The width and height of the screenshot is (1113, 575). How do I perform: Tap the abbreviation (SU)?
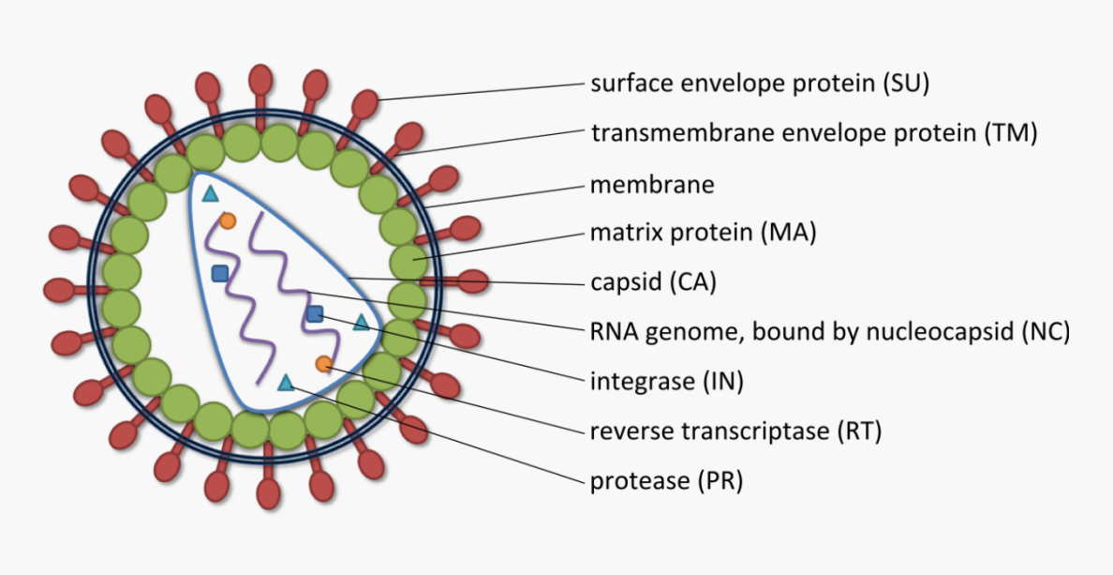coord(905,83)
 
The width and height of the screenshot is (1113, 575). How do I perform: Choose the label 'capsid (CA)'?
coord(653,281)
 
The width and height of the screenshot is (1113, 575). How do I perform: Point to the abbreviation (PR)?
coord(718,481)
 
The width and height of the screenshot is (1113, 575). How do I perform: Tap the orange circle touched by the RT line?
coord(323,364)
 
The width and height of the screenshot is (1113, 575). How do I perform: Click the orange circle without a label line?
coord(227,221)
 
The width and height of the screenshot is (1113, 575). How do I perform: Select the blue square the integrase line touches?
coord(315,313)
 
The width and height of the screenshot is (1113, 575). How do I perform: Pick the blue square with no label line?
coord(220,273)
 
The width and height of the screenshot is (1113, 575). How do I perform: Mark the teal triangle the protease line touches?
coord(287,382)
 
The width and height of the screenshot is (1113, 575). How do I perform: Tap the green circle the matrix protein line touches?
coord(407,260)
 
